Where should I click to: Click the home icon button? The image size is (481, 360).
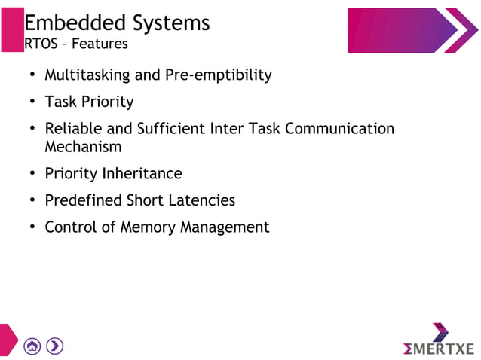(32, 346)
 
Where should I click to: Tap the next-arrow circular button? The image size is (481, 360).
(54, 346)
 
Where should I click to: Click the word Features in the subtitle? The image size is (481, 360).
(100, 44)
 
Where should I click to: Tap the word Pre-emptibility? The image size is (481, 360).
(218, 75)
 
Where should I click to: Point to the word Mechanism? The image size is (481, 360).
(83, 147)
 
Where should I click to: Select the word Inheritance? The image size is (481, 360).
(142, 174)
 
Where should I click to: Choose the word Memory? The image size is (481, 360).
(147, 227)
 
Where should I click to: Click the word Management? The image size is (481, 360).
(225, 227)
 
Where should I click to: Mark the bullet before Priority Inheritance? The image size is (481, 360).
(32, 174)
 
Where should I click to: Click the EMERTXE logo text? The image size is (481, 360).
(440, 349)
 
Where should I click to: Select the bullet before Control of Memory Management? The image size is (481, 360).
(32, 227)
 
